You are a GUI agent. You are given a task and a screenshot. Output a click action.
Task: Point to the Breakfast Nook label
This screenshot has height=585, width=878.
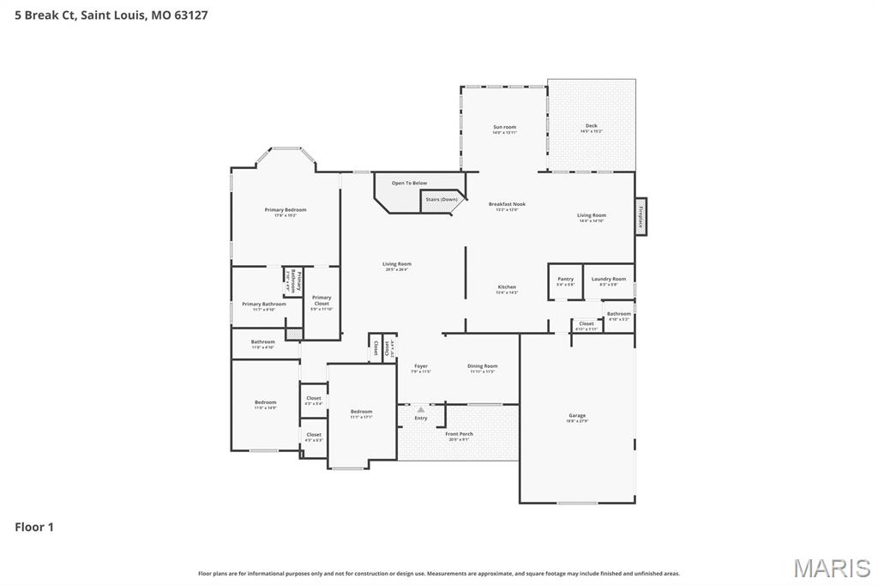[x=507, y=206]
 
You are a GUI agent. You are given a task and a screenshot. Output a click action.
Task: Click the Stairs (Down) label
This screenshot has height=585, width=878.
[x=442, y=200]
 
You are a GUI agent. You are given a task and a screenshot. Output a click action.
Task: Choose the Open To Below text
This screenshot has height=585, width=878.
[x=409, y=183]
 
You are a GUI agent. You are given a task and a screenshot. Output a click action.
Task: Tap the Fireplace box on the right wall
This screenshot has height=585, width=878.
[x=640, y=216]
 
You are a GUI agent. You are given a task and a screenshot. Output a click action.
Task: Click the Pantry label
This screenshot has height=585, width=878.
[x=565, y=280]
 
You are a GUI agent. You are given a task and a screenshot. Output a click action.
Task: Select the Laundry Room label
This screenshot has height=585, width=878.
[x=609, y=280]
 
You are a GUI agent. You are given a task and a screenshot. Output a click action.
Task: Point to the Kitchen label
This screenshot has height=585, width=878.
[x=507, y=288]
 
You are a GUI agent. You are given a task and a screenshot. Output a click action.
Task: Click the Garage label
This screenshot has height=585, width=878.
[x=577, y=417]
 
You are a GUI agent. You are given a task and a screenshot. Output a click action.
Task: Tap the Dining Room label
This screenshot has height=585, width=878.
[x=483, y=367]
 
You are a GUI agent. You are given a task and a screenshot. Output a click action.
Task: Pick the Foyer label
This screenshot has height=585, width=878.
[x=421, y=367]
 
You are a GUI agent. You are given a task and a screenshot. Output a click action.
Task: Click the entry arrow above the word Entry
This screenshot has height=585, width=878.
[x=421, y=410]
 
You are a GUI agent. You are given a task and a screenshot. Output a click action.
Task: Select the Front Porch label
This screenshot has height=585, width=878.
[x=460, y=435]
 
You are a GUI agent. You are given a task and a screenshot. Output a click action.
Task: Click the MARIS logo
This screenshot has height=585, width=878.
[x=832, y=568]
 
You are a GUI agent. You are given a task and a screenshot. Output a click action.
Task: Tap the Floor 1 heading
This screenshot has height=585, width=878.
[x=34, y=528]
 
